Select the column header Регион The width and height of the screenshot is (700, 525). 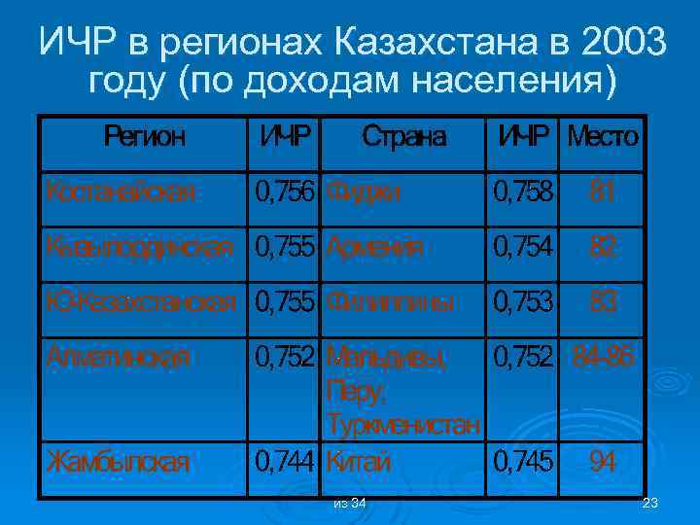[x=143, y=136]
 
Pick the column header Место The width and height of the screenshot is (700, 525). [x=603, y=136]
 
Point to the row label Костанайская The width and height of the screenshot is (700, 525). [x=119, y=192]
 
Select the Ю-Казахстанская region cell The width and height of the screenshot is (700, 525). [x=139, y=301]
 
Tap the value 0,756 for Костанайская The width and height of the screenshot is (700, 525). [x=285, y=192]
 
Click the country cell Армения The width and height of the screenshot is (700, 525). [x=375, y=247]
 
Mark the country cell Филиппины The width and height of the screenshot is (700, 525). [x=391, y=301]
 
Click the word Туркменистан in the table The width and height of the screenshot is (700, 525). [x=403, y=426]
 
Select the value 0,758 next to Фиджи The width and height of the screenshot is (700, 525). [x=523, y=192]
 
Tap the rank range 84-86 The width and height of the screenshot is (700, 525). [x=603, y=356]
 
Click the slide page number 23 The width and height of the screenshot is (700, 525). [x=651, y=503]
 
